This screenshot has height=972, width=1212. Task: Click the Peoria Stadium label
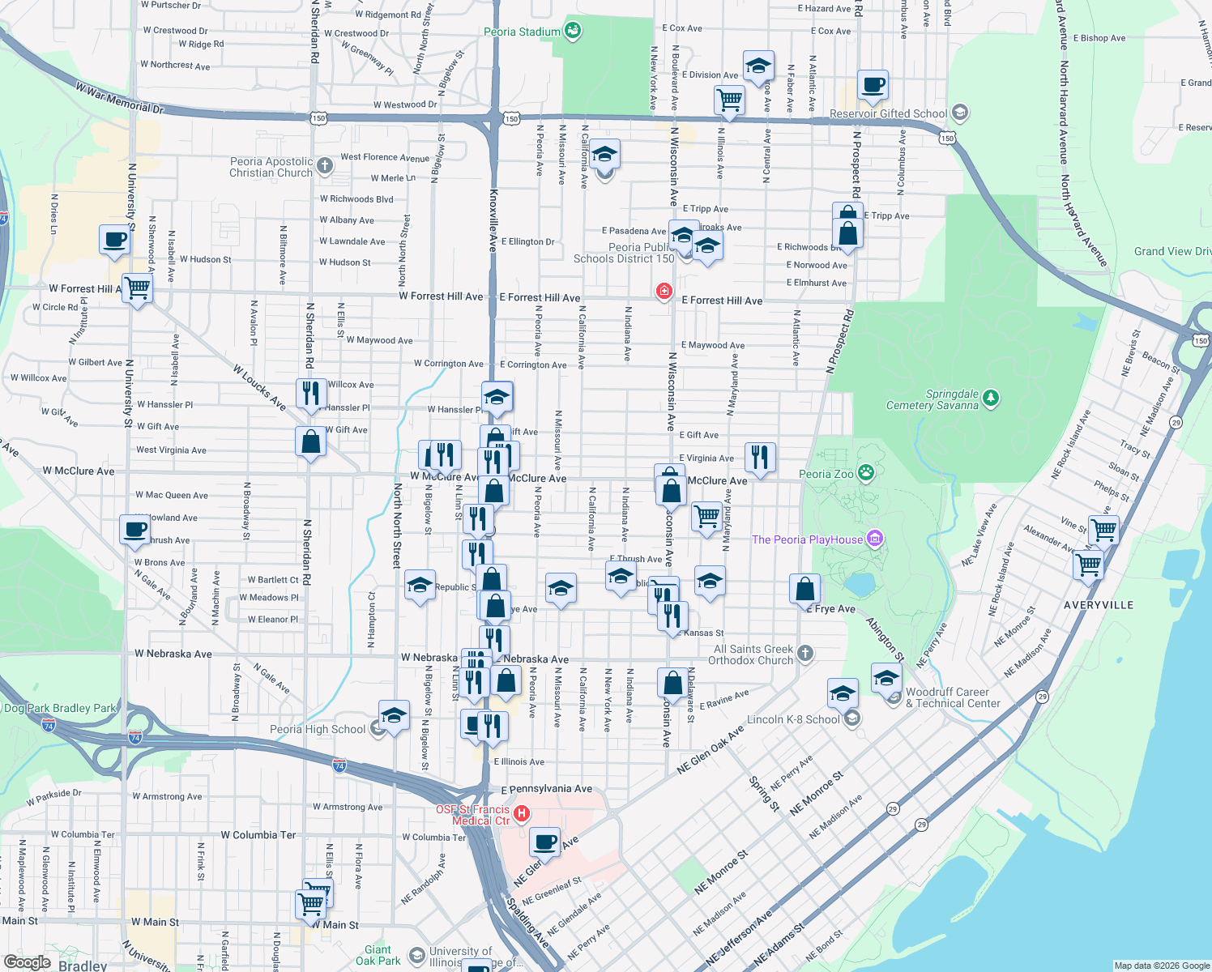(522, 32)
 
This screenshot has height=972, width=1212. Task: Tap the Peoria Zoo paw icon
(866, 473)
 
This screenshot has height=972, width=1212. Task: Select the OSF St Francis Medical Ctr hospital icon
(522, 812)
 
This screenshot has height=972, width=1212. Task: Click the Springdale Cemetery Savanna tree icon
(990, 398)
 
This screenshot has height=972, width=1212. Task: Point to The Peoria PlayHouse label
(807, 539)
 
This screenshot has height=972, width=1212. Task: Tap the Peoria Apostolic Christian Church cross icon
(324, 166)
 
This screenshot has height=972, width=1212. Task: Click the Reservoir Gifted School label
(888, 113)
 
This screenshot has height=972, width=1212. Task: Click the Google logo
(27, 961)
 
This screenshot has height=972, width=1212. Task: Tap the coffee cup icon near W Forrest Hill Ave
(114, 240)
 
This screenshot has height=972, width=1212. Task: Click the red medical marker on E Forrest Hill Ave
(664, 291)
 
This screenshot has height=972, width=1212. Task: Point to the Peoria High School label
(318, 729)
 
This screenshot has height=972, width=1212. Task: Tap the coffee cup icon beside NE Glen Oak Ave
(545, 842)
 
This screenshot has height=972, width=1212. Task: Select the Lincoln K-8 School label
(793, 719)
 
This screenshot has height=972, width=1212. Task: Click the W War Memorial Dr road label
(119, 96)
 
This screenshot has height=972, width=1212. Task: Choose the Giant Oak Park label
(378, 955)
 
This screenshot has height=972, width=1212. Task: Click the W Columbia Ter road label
(258, 834)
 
